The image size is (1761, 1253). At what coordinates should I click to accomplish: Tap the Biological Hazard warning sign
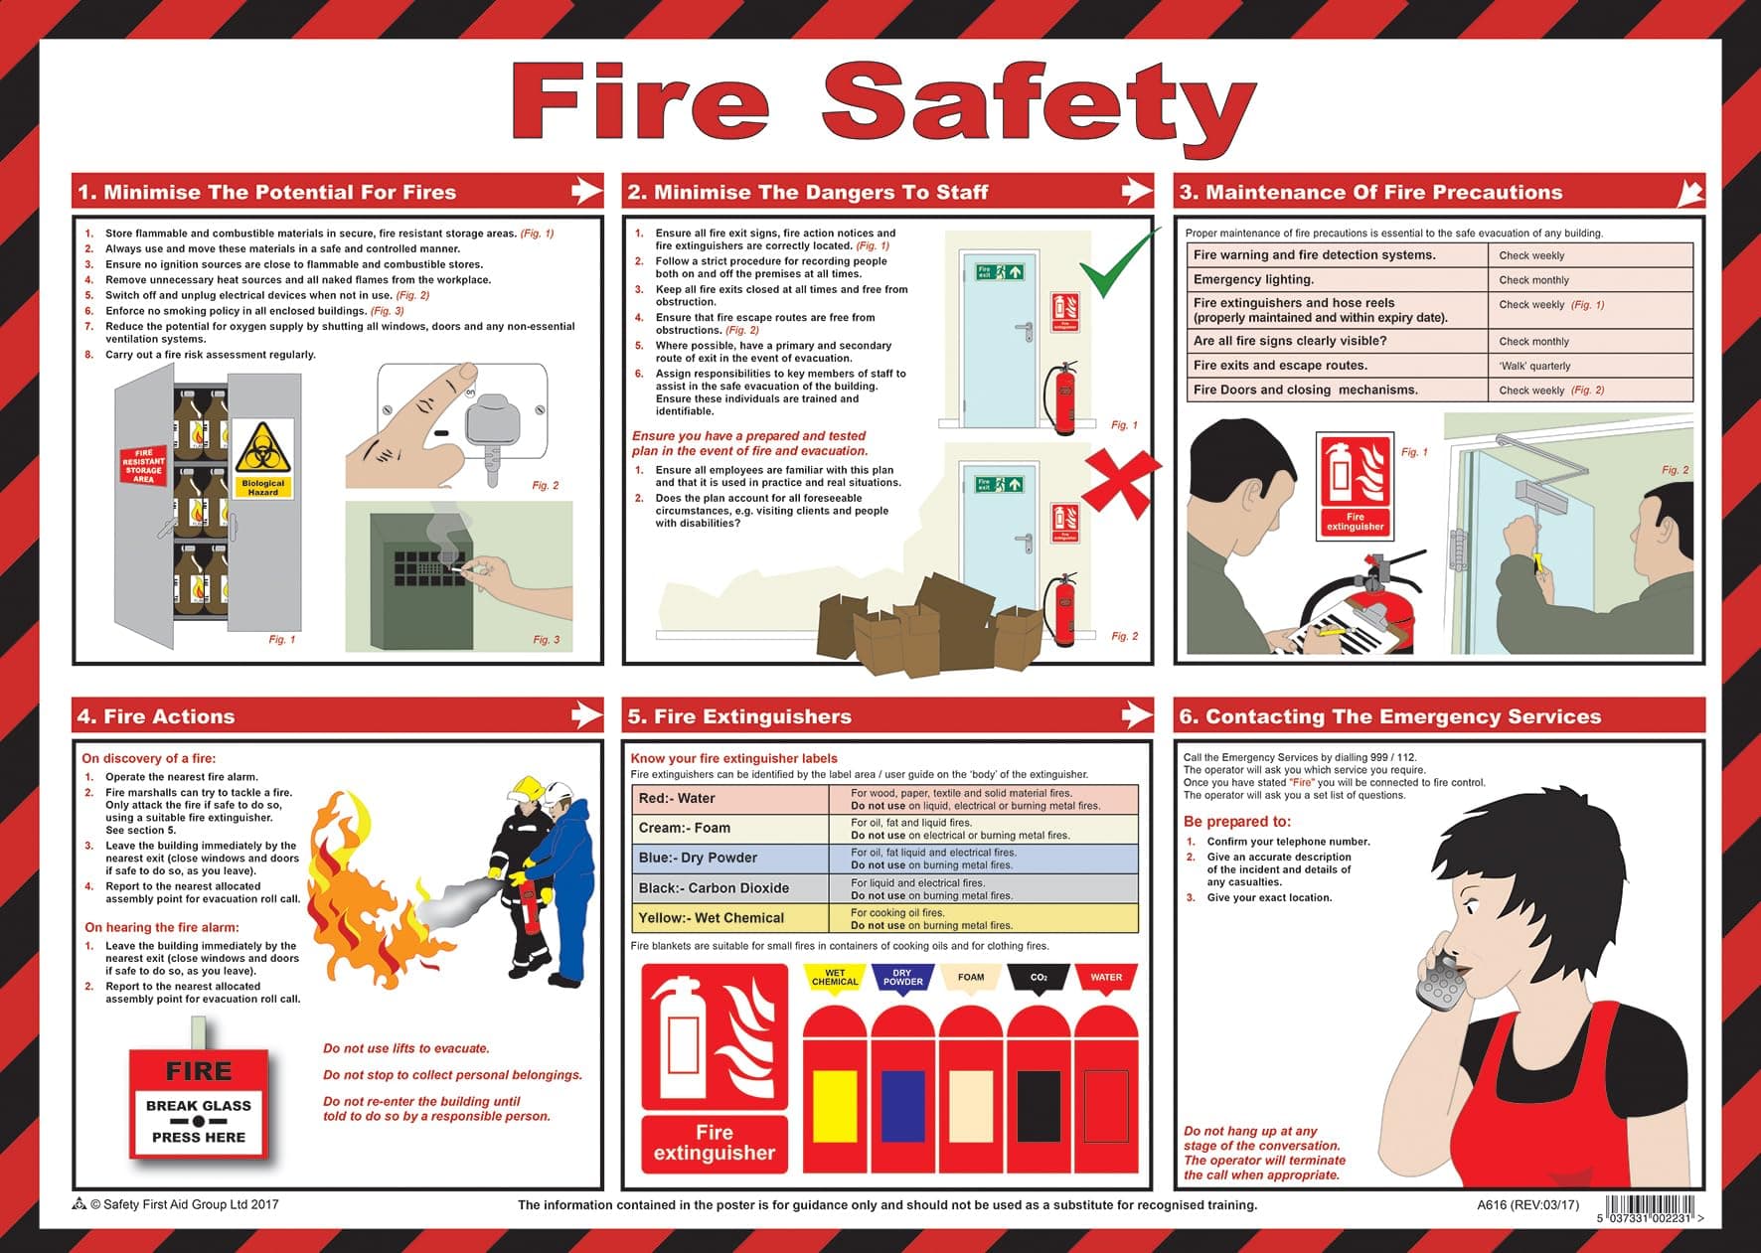tap(262, 458)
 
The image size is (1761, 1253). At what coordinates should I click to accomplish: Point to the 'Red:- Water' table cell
tap(729, 799)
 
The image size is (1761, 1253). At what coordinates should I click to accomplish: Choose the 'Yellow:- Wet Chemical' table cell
tap(729, 918)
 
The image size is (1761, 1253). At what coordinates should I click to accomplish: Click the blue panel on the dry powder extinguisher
tap(902, 1105)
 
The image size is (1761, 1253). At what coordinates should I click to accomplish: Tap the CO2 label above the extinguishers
tap(1039, 978)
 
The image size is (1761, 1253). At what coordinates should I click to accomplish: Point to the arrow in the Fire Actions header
tap(586, 714)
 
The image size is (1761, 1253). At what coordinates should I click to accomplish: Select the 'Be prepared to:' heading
tap(1236, 822)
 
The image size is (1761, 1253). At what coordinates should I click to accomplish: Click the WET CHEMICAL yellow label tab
tap(835, 978)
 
